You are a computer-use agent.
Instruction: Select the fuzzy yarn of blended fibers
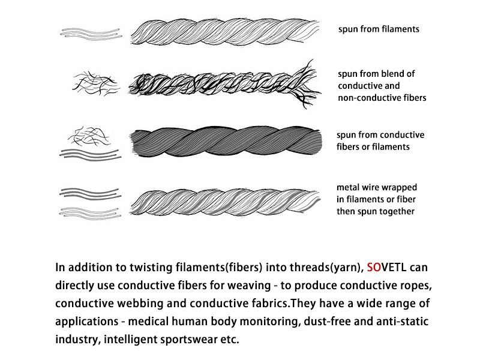coord(222,83)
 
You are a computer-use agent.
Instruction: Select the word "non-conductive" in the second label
coord(367,98)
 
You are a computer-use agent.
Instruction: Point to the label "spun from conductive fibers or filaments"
coord(380,140)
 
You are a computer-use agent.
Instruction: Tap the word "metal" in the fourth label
coord(349,188)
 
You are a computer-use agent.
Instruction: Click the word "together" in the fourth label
coord(397,211)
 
